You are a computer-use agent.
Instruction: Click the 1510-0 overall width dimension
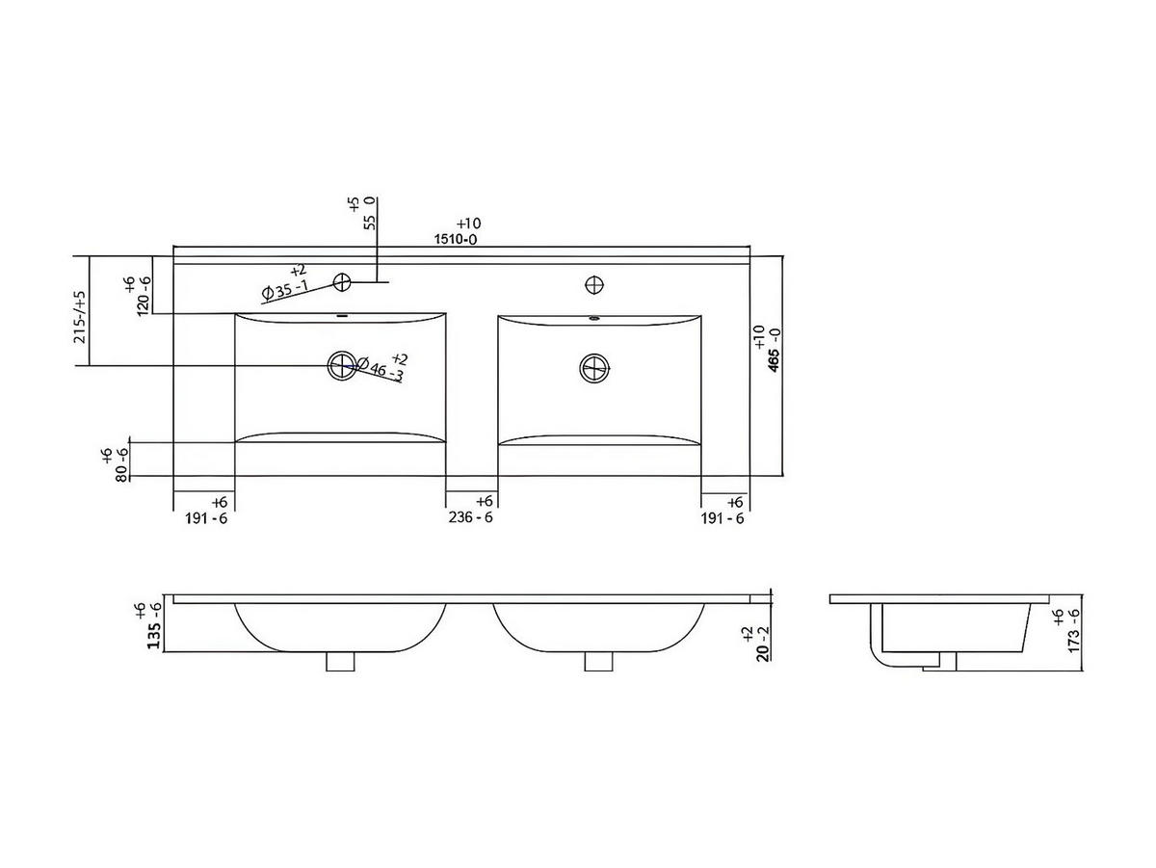(x=456, y=239)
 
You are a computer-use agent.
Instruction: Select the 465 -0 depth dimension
(x=774, y=350)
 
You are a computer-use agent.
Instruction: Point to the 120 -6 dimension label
(x=144, y=297)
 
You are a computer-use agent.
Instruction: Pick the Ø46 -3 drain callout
(x=380, y=369)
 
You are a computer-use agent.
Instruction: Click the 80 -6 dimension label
(x=121, y=464)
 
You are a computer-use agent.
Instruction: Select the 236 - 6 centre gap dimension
(x=470, y=517)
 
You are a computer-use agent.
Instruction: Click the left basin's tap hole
(x=342, y=282)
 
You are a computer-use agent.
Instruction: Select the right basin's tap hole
(x=594, y=285)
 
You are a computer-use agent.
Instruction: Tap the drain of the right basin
(x=594, y=368)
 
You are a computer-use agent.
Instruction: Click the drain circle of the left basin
(x=342, y=365)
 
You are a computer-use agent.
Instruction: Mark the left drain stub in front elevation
(x=340, y=662)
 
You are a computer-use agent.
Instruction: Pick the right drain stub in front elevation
(x=599, y=662)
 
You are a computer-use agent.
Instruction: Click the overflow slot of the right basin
(x=594, y=318)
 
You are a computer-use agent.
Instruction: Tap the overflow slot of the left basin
(x=342, y=316)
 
